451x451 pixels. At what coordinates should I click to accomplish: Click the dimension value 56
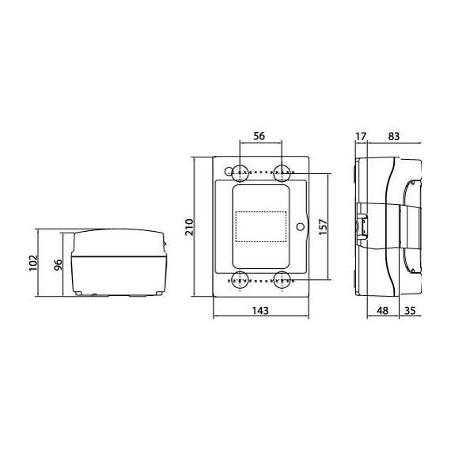[x=260, y=136]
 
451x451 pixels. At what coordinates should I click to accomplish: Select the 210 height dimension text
[x=190, y=227]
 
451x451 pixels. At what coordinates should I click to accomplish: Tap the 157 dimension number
[x=323, y=227]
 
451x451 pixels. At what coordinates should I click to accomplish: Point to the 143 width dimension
[x=260, y=311]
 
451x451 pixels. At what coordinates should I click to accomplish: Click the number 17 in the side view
[x=361, y=136]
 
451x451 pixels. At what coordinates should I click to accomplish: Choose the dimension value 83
[x=394, y=136]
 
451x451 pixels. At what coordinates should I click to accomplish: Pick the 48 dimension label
[x=382, y=311]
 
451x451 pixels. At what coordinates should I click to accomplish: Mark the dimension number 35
[x=410, y=311]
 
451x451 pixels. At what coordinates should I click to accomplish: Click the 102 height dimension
[x=33, y=263]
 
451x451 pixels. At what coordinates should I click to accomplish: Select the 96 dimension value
[x=58, y=265]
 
